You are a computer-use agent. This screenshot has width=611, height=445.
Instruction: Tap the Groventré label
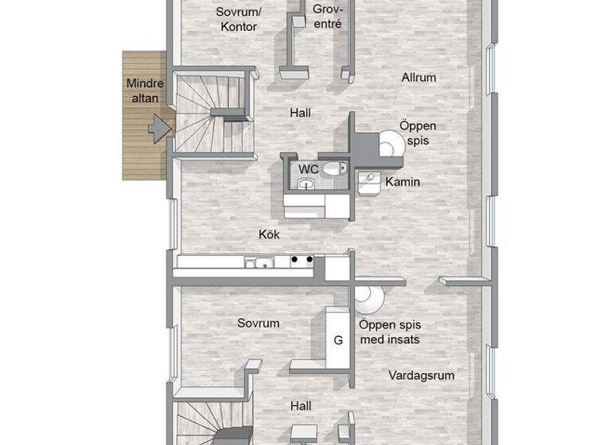pos(327,17)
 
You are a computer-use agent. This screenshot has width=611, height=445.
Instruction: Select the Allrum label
pos(418,78)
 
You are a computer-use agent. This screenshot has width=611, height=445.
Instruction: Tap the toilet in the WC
pos(337,168)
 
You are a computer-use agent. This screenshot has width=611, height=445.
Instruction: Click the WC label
pos(309,169)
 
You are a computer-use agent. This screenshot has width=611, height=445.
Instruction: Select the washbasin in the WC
pos(305,184)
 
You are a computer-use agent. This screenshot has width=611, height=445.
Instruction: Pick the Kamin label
pos(403,182)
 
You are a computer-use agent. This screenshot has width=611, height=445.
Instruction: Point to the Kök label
pos(269,234)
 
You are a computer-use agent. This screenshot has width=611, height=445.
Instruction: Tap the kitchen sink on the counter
pos(259,262)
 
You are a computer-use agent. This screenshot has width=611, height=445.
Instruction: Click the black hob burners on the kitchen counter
pos(301,259)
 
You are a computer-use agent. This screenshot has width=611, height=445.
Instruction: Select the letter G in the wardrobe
pos(338,340)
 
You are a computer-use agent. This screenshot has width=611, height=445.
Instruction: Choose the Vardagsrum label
pos(422,375)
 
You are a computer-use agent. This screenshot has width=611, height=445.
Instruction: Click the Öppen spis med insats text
pos(389,332)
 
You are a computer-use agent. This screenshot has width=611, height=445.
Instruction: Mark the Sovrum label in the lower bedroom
pos(259,323)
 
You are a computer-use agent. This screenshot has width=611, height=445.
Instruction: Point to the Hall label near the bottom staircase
pos(301,406)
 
